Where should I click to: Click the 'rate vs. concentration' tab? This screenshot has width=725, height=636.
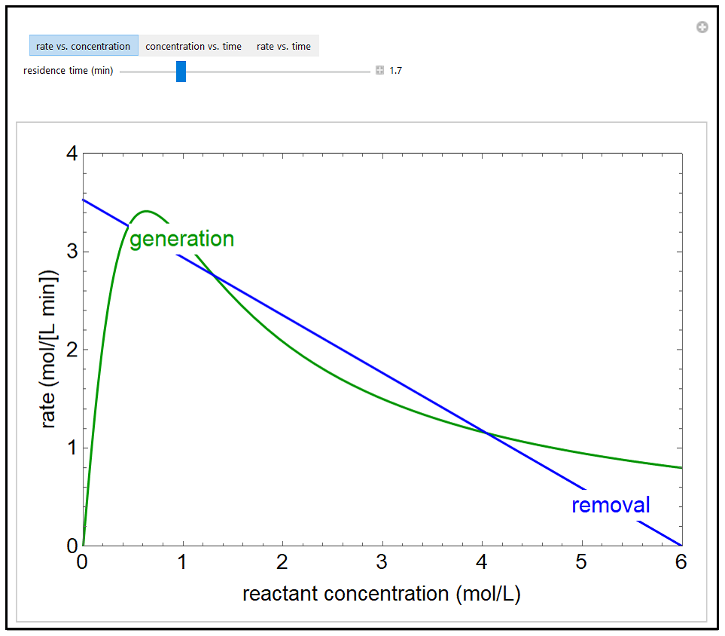84,46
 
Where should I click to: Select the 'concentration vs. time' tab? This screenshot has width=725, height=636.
193,46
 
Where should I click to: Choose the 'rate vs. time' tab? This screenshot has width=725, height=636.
284,46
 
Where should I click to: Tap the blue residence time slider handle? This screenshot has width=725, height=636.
181,72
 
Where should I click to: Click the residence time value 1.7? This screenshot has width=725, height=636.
395,71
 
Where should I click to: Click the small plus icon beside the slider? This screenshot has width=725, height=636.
379,71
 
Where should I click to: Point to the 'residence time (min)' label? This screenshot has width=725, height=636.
69,71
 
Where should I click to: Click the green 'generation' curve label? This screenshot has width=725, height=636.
182,240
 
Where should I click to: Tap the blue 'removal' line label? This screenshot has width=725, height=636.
611,505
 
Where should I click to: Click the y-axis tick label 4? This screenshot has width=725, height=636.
72,154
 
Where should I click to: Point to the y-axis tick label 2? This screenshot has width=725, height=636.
72,350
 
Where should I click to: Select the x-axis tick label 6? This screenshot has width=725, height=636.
681,562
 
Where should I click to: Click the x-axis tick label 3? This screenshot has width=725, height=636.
382,562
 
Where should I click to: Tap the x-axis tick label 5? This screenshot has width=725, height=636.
581,562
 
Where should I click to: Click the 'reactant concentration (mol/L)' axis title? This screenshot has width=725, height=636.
382,594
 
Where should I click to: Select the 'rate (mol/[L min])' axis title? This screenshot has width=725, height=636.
49,350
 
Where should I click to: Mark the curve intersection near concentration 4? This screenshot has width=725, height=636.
487,433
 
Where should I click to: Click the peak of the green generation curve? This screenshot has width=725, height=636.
146,211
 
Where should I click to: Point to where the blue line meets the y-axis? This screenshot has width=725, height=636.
84,200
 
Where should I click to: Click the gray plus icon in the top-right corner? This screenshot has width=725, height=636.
702,27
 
